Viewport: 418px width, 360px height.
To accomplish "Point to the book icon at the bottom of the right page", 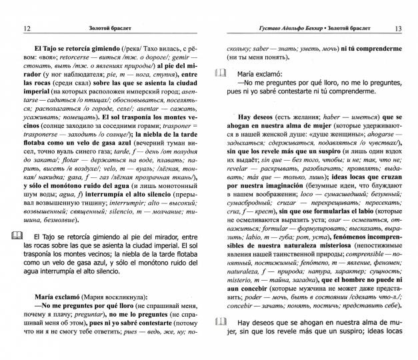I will [x=221, y=341].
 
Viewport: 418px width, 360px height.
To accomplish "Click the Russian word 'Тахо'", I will [x=146, y=49].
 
